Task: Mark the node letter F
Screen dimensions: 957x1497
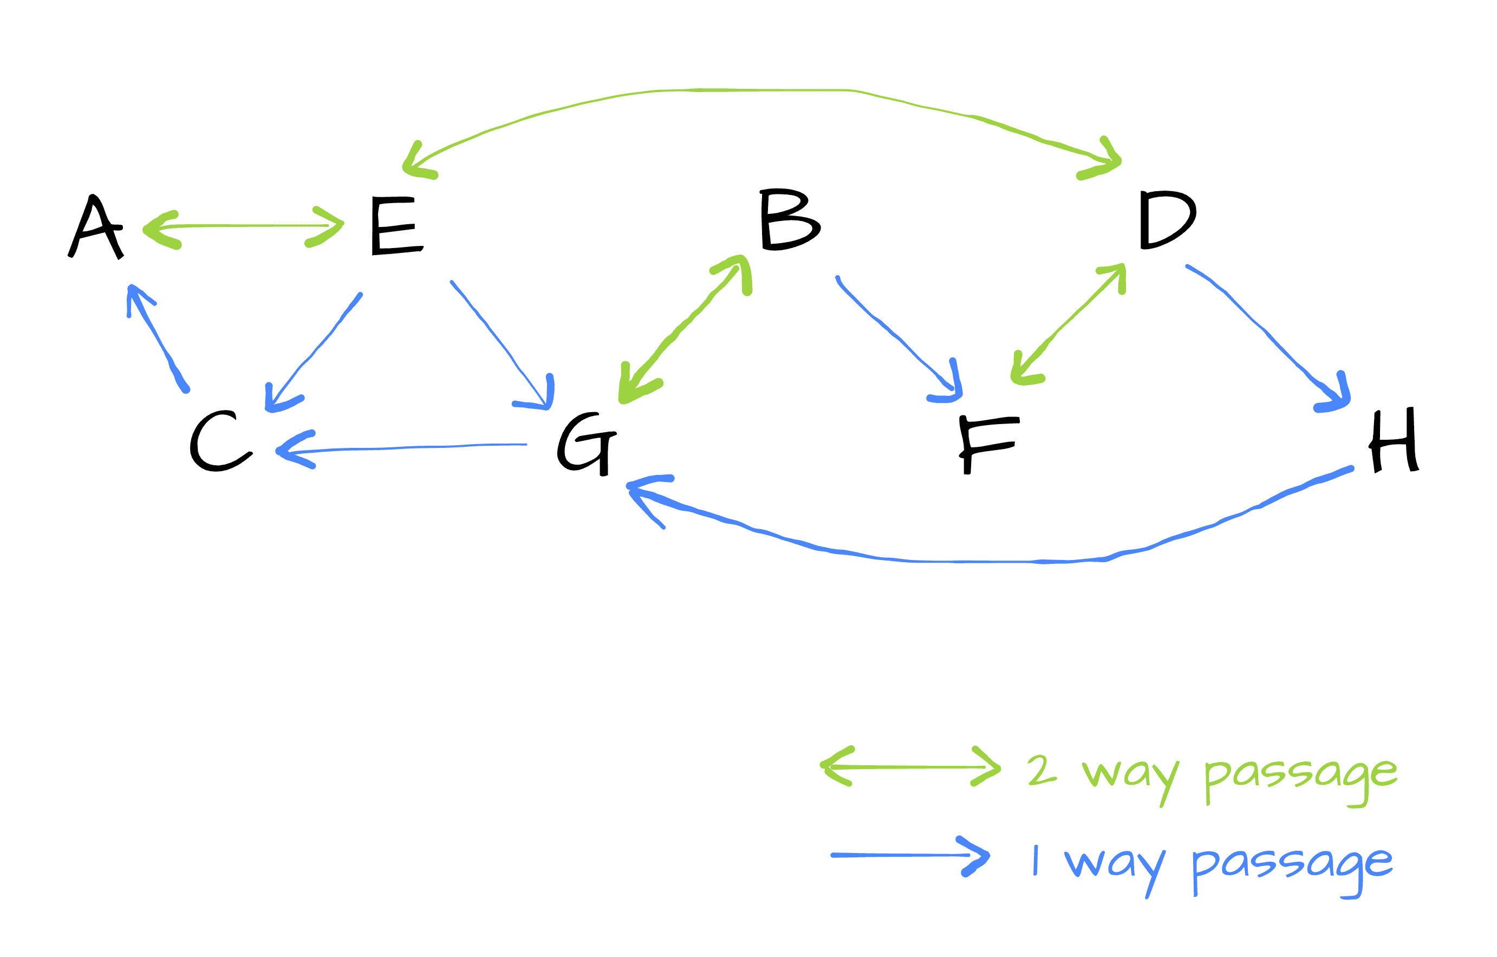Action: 987,444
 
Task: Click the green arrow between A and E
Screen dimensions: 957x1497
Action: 243,226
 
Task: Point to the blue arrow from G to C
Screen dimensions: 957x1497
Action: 404,447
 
